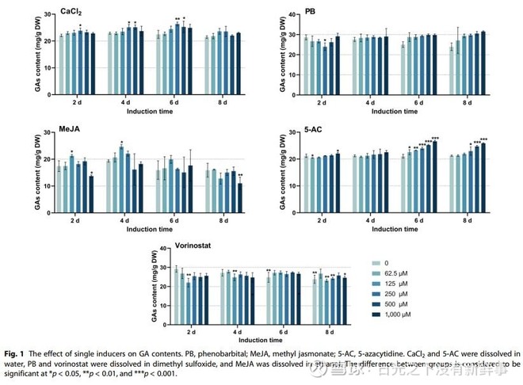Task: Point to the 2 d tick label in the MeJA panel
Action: pos(76,218)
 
